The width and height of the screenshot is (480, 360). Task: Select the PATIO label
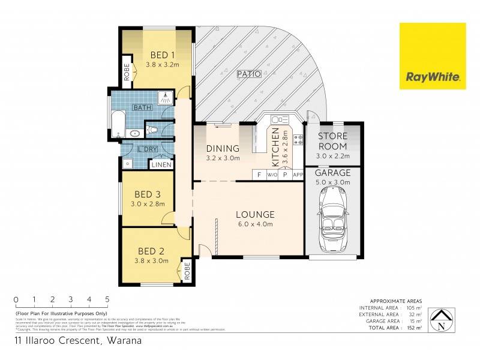248,74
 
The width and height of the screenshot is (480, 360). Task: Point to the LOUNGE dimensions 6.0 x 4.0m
254,224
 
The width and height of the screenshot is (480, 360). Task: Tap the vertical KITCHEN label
276,148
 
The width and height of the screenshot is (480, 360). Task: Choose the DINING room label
223,149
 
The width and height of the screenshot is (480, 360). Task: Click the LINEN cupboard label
161,164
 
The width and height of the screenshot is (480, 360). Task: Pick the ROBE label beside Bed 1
127,71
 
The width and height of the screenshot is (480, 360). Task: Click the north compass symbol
442,321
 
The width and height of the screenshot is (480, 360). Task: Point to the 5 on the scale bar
107,299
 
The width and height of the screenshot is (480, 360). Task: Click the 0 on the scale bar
16,299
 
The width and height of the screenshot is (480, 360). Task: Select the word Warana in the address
125,341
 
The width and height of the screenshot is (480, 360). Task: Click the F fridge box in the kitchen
259,175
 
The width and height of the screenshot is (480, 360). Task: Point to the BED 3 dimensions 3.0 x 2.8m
147,204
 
